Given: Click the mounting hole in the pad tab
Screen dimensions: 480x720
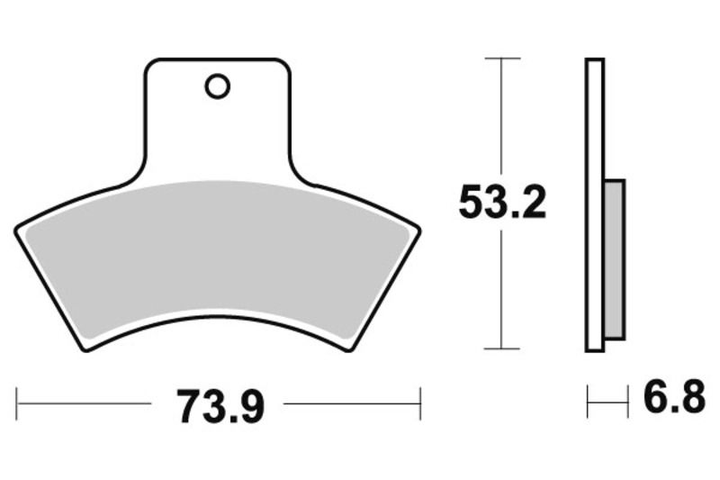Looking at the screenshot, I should (x=217, y=86).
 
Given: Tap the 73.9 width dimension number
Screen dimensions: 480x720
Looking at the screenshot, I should (x=220, y=408).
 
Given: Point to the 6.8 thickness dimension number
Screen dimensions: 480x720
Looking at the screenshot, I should (x=674, y=399).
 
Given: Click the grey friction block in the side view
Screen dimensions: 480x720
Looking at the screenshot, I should (x=615, y=258).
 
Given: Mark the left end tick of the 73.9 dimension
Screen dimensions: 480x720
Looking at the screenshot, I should (x=17, y=403).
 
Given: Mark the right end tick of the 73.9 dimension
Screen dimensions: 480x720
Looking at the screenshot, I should (x=420, y=403).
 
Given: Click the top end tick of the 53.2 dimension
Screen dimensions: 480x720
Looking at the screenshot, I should (x=502, y=59).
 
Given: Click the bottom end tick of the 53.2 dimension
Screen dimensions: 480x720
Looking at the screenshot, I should (x=502, y=349).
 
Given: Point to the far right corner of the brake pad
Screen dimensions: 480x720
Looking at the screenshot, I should (x=419, y=231).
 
